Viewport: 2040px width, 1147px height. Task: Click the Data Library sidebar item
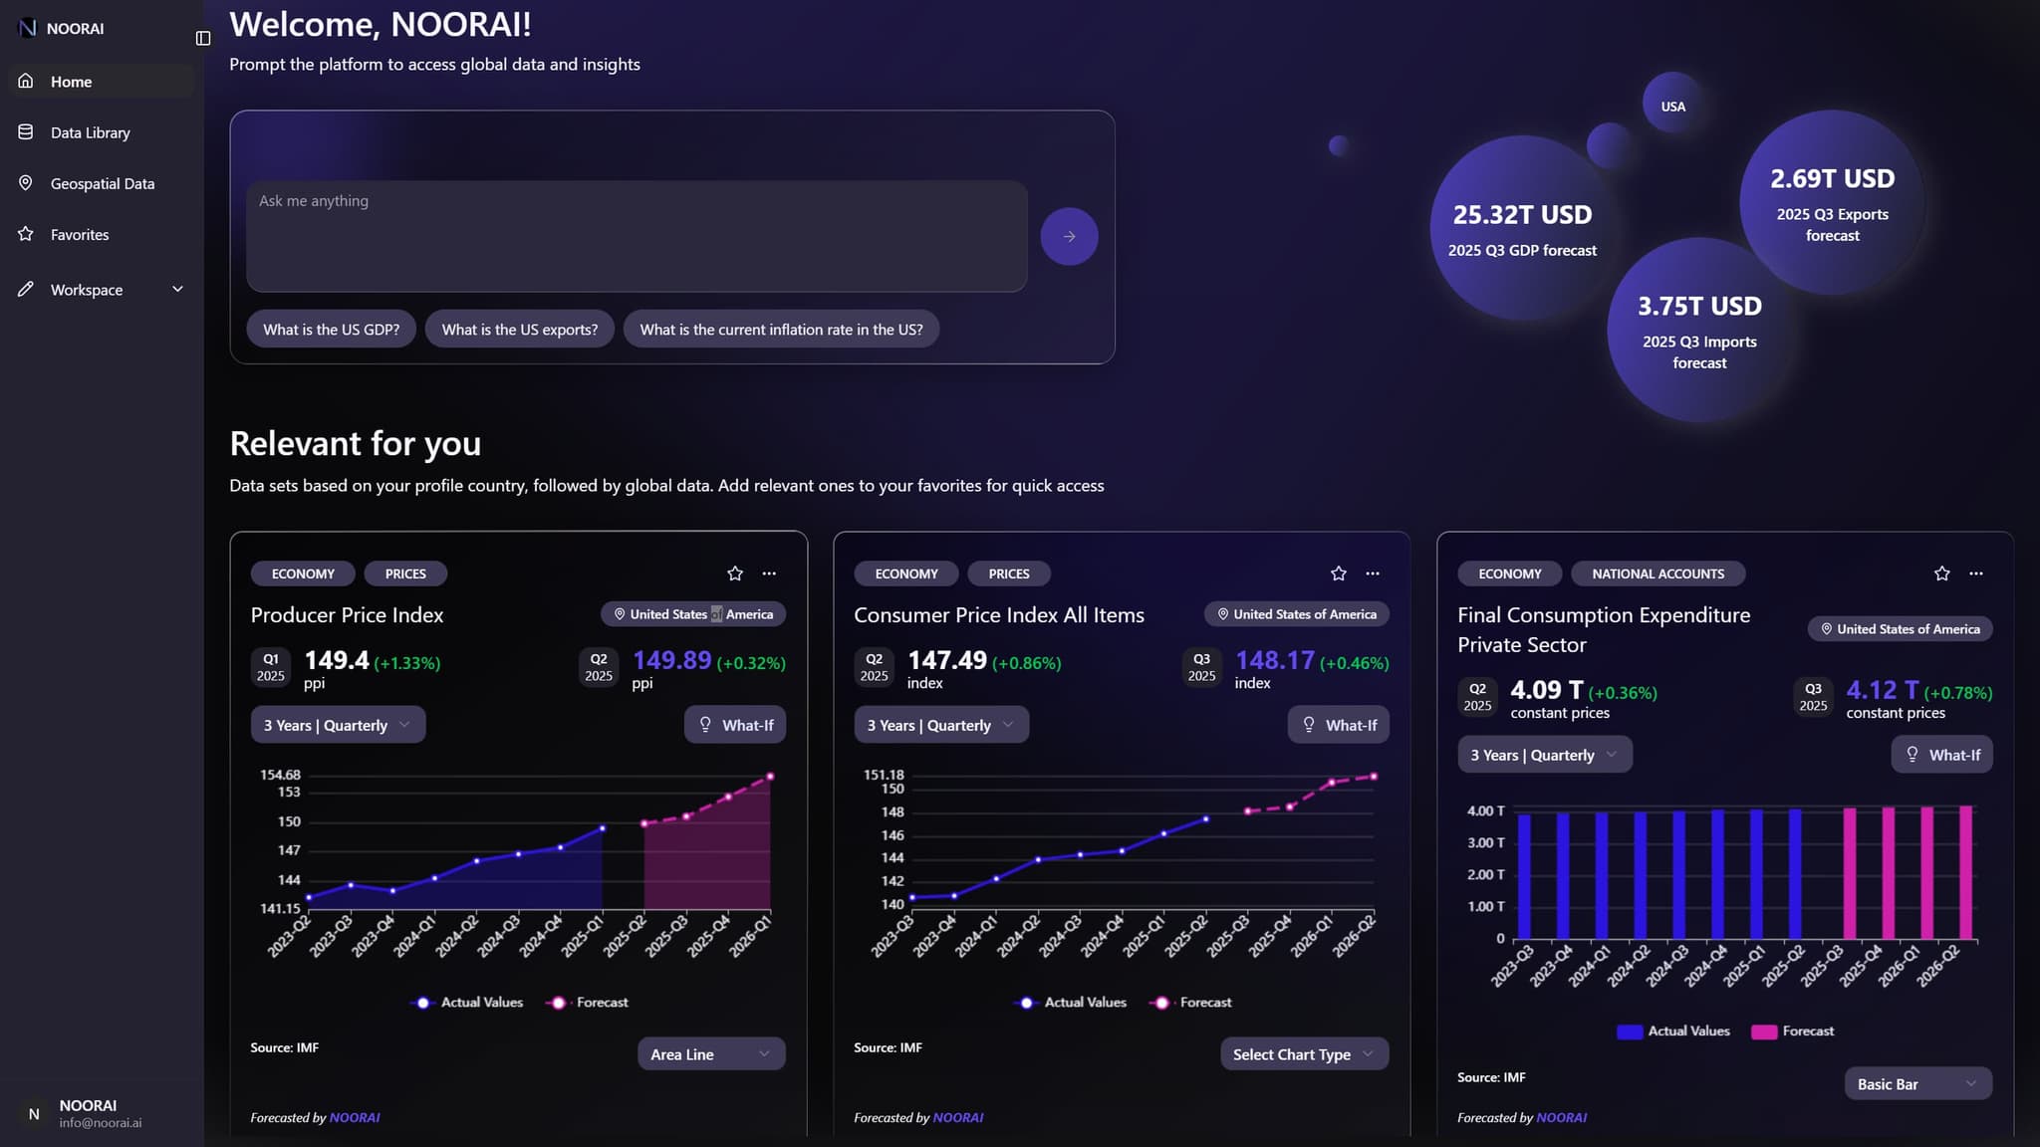pyautogui.click(x=90, y=132)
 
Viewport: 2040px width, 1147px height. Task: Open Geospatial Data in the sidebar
pyautogui.click(x=102, y=183)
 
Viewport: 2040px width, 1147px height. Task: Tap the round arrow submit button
pyautogui.click(x=1069, y=236)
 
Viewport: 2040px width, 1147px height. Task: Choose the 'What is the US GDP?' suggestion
pyautogui.click(x=331, y=330)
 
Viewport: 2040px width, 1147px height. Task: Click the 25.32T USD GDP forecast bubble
pyautogui.click(x=1521, y=229)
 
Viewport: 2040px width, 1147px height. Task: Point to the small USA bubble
pyautogui.click(x=1672, y=106)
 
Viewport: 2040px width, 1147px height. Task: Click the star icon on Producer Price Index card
pyautogui.click(x=735, y=573)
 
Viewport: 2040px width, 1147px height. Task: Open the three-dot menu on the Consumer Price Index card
pyautogui.click(x=1373, y=573)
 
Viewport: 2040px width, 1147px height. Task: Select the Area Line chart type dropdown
pyautogui.click(x=710, y=1053)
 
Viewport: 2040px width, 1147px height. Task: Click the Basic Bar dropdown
pyautogui.click(x=1916, y=1083)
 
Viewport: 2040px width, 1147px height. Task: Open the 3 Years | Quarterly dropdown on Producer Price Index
pyautogui.click(x=337, y=725)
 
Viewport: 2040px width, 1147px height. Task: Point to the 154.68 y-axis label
pyautogui.click(x=280, y=775)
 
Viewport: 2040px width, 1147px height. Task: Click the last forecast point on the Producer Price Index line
pyautogui.click(x=770, y=777)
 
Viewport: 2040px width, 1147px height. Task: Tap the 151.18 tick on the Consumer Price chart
pyautogui.click(x=884, y=775)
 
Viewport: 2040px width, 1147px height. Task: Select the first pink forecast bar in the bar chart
pyautogui.click(x=1849, y=872)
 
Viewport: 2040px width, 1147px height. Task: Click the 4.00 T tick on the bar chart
pyautogui.click(x=1485, y=810)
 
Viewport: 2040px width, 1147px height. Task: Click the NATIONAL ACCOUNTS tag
pyautogui.click(x=1657, y=573)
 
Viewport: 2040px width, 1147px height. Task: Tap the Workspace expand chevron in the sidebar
pyautogui.click(x=177, y=289)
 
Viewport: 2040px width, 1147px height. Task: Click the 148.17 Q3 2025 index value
pyautogui.click(x=1274, y=661)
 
